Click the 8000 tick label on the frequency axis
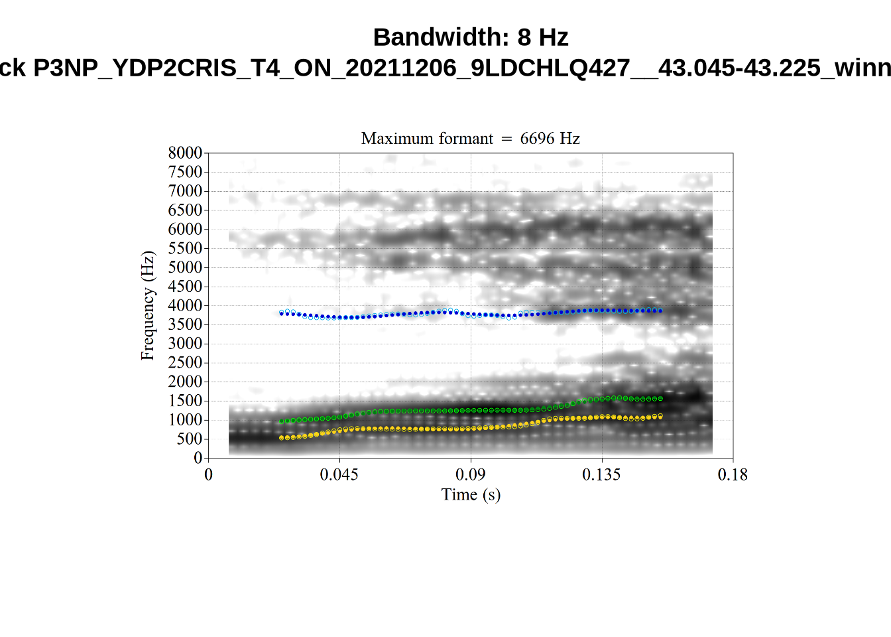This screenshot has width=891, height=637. pos(185,153)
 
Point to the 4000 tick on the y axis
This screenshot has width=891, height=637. pos(185,306)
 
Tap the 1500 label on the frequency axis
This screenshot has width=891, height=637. pos(185,401)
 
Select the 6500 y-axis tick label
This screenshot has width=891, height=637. pos(185,210)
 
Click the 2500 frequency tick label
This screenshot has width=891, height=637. pos(185,363)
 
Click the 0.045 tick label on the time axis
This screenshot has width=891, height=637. pos(339,474)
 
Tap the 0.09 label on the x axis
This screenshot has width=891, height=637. pos(470,474)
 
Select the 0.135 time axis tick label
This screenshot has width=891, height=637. pos(601,474)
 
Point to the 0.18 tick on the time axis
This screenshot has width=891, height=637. pos(733,474)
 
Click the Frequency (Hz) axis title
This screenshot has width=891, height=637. pos(147,306)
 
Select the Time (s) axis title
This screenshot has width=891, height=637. pos(471,494)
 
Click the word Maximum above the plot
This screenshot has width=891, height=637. pos(394,139)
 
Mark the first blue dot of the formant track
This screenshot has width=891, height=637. pos(281,313)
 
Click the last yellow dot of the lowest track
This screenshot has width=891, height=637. pos(660,417)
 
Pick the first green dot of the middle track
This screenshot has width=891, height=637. pos(281,421)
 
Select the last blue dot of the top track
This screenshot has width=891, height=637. pos(660,311)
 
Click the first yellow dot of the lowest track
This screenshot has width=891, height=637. pos(281,438)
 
